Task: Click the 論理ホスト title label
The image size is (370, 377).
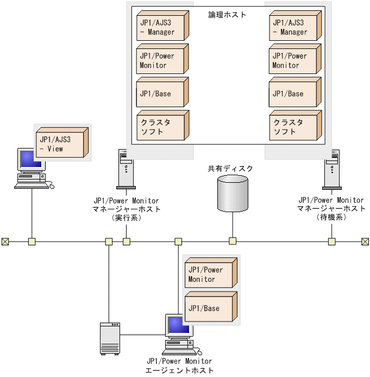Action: pos(227,15)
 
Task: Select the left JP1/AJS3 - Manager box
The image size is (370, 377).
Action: pos(161,27)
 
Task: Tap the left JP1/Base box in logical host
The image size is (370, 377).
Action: pos(161,94)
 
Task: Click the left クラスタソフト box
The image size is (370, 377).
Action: pos(161,126)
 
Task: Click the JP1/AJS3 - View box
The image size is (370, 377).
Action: pos(60,144)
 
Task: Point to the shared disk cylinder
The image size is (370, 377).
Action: pos(233,193)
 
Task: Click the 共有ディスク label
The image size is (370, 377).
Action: pos(230,169)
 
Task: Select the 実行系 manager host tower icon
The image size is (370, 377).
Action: pos(126,170)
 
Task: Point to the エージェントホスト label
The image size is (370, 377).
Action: pos(180,370)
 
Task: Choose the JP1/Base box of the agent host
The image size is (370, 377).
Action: pos(210,308)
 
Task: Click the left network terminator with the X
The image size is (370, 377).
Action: pos(5,242)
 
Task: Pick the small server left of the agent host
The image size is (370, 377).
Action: pos(110,338)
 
